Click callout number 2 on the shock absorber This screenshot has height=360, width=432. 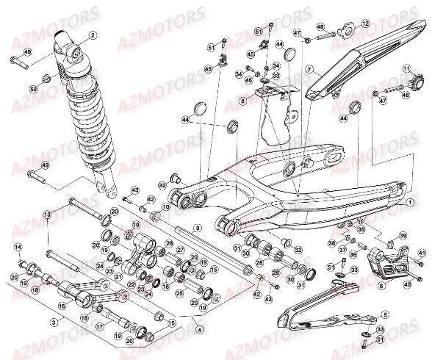pyautogui.click(x=93, y=35)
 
